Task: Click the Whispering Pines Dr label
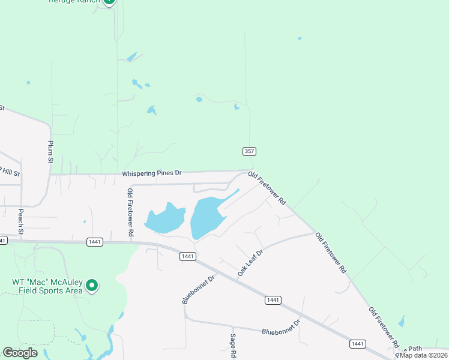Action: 151,173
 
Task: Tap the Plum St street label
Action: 50,152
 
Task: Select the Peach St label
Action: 21,221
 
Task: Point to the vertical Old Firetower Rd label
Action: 130,211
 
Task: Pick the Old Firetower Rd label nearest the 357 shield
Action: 267,188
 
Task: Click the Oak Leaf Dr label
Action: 250,263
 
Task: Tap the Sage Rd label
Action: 233,346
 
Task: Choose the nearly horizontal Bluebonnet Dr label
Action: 280,328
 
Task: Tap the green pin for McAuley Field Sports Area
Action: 92,286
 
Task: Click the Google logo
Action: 20,353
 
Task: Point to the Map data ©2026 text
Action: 423,355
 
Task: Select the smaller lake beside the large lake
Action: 164,218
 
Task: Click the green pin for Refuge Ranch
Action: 109,2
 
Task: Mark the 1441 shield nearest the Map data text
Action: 358,344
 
